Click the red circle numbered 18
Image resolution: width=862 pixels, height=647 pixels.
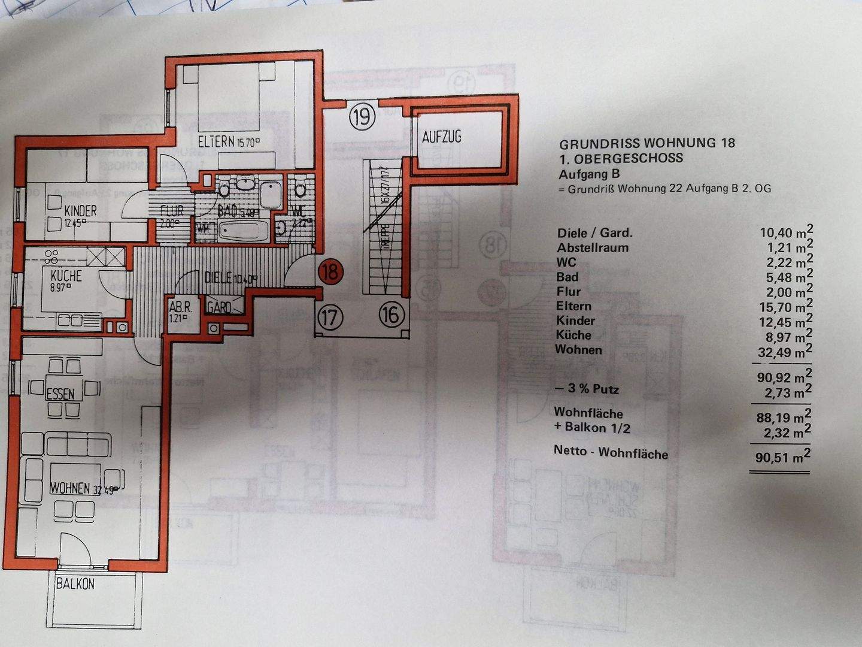click(x=330, y=271)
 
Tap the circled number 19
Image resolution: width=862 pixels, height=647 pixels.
click(x=362, y=116)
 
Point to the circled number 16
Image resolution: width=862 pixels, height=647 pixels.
click(x=392, y=314)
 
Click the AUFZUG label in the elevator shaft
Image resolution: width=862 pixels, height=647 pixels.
click(x=442, y=137)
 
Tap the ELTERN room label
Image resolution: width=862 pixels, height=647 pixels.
click(x=216, y=142)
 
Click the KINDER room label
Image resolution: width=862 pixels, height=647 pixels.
click(x=81, y=211)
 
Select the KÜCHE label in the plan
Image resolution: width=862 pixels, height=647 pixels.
click(x=66, y=276)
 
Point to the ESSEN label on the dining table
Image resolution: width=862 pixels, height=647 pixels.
click(x=60, y=394)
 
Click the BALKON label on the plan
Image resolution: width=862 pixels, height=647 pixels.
click(x=75, y=583)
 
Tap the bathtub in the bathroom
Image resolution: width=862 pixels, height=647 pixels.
click(x=243, y=230)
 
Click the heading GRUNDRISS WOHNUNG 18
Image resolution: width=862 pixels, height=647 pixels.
click(x=647, y=143)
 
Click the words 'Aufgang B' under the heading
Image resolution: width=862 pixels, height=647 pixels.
click(x=589, y=174)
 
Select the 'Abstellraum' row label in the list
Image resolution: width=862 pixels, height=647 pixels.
click(x=593, y=247)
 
